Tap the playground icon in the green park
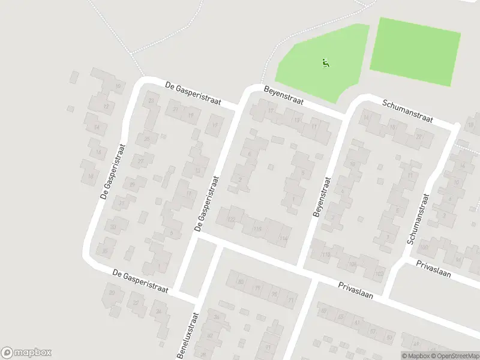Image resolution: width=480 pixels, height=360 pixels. pyautogui.click(x=326, y=62)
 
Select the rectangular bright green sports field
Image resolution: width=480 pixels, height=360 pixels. pyautogui.click(x=415, y=50)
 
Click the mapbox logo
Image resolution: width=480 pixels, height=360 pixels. pyautogui.click(x=26, y=353)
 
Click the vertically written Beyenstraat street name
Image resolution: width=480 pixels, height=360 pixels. pyautogui.click(x=321, y=197)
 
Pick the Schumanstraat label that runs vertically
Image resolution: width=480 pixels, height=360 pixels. pyautogui.click(x=419, y=218)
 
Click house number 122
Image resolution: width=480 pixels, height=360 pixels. pyautogui.click(x=231, y=220)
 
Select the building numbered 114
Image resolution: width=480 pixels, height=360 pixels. pyautogui.click(x=283, y=238)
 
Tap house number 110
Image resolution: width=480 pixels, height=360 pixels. pyautogui.click(x=326, y=255)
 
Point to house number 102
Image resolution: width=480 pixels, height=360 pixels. pyautogui.click(x=379, y=274)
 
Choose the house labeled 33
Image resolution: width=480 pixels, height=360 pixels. pyautogui.click(x=113, y=227)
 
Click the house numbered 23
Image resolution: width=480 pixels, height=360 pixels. pyautogui.click(x=151, y=101)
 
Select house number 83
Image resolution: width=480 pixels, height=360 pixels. pyautogui.click(x=241, y=281)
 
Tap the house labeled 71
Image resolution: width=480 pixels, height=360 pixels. pyautogui.click(x=291, y=299)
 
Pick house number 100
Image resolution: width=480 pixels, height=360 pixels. pyautogui.click(x=424, y=247)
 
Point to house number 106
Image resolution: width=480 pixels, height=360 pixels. pyautogui.click(x=353, y=264)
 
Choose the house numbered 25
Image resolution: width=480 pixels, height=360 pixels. pyautogui.click(x=147, y=139)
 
